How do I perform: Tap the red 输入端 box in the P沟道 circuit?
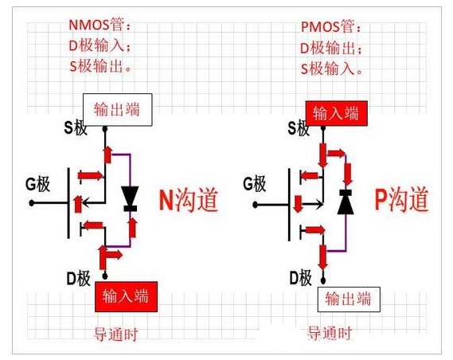click(x=335, y=113)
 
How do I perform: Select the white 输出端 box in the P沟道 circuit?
click(x=349, y=299)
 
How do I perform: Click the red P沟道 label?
click(x=401, y=200)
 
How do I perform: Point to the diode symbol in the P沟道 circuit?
click(x=345, y=202)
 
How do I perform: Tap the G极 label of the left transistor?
click(x=37, y=186)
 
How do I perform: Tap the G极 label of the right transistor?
click(x=254, y=185)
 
